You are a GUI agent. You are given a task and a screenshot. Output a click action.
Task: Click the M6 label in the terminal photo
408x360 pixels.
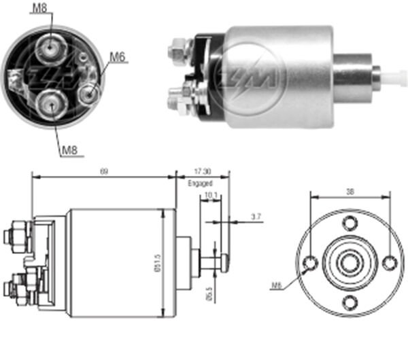tap(117, 58)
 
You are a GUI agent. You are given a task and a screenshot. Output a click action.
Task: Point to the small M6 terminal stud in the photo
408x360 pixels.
tap(87, 92)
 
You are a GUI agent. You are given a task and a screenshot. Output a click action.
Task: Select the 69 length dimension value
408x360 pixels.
tap(104, 172)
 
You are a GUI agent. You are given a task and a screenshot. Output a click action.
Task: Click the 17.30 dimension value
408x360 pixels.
tap(203, 173)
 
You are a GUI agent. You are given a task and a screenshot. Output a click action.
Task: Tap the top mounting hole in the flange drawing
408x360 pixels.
tap(350, 222)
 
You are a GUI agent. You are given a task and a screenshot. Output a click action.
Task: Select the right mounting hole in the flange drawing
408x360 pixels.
tap(389, 262)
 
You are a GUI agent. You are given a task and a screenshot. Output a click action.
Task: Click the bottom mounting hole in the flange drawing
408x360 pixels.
tap(350, 302)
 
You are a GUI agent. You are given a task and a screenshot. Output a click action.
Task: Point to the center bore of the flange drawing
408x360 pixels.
tap(350, 262)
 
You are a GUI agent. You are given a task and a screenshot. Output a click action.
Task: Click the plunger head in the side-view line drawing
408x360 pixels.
tap(224, 262)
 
